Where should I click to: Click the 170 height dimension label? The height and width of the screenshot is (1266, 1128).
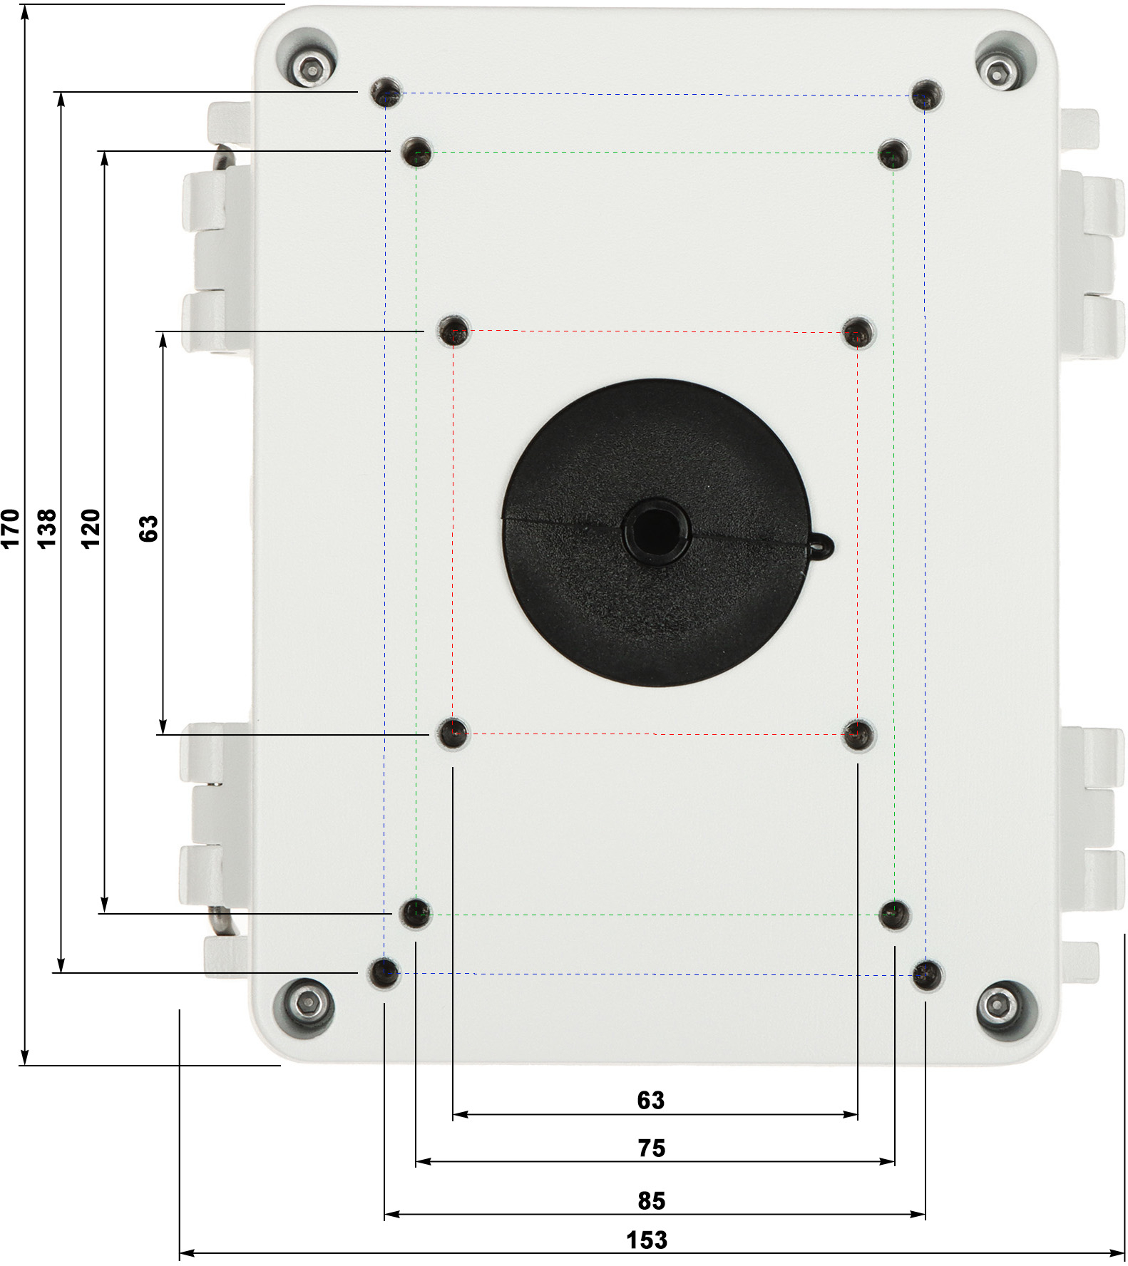point(10,528)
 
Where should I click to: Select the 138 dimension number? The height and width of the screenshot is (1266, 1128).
point(46,528)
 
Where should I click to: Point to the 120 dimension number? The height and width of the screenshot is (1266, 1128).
point(91,528)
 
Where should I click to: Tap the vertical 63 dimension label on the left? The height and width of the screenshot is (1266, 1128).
point(148,529)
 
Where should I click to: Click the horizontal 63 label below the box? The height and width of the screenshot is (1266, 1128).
point(650,1100)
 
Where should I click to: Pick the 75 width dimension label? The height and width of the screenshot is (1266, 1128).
point(651,1148)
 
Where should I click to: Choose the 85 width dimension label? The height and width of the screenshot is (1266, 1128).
point(651,1200)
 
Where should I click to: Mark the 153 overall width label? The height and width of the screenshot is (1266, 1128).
point(647,1240)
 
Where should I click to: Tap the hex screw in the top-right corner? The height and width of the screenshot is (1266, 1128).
point(995,71)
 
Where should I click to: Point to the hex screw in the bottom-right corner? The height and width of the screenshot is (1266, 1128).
point(997,1006)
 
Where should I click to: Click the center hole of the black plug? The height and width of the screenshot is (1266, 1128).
point(655,531)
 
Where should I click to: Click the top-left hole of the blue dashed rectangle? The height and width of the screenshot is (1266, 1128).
point(386,93)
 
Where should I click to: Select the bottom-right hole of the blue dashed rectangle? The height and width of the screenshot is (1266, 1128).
point(926,974)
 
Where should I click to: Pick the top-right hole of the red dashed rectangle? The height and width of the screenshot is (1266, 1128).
point(858,332)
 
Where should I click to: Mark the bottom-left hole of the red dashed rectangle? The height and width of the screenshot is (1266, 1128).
point(453,733)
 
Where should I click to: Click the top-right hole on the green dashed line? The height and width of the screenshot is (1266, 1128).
point(893,154)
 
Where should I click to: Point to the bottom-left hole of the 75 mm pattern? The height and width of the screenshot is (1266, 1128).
point(415,913)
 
